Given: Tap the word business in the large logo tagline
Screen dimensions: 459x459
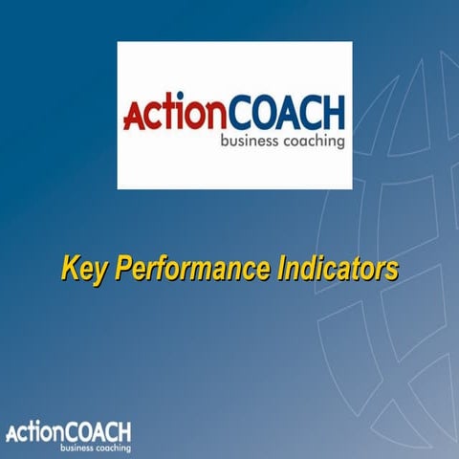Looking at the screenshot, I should (x=247, y=142).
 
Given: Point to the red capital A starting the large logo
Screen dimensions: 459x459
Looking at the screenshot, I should (x=134, y=117).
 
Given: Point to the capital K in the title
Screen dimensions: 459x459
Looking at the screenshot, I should (x=70, y=267).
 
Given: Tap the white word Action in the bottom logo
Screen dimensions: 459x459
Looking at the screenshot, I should (x=33, y=431).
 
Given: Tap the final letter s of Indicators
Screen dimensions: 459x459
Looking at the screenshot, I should (x=391, y=269).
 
